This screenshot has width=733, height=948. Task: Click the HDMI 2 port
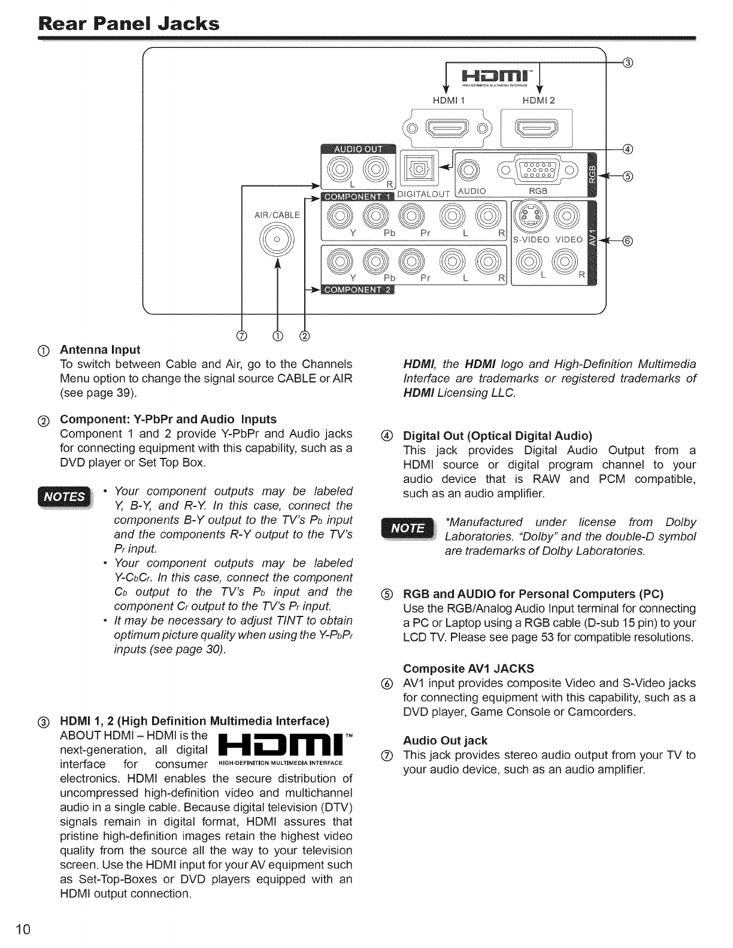(537, 127)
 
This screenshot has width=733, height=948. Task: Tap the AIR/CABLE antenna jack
(276, 239)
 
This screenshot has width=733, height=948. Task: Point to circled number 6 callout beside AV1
(627, 241)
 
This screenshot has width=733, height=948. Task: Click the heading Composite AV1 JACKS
(469, 669)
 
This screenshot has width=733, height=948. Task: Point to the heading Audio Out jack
(446, 740)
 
